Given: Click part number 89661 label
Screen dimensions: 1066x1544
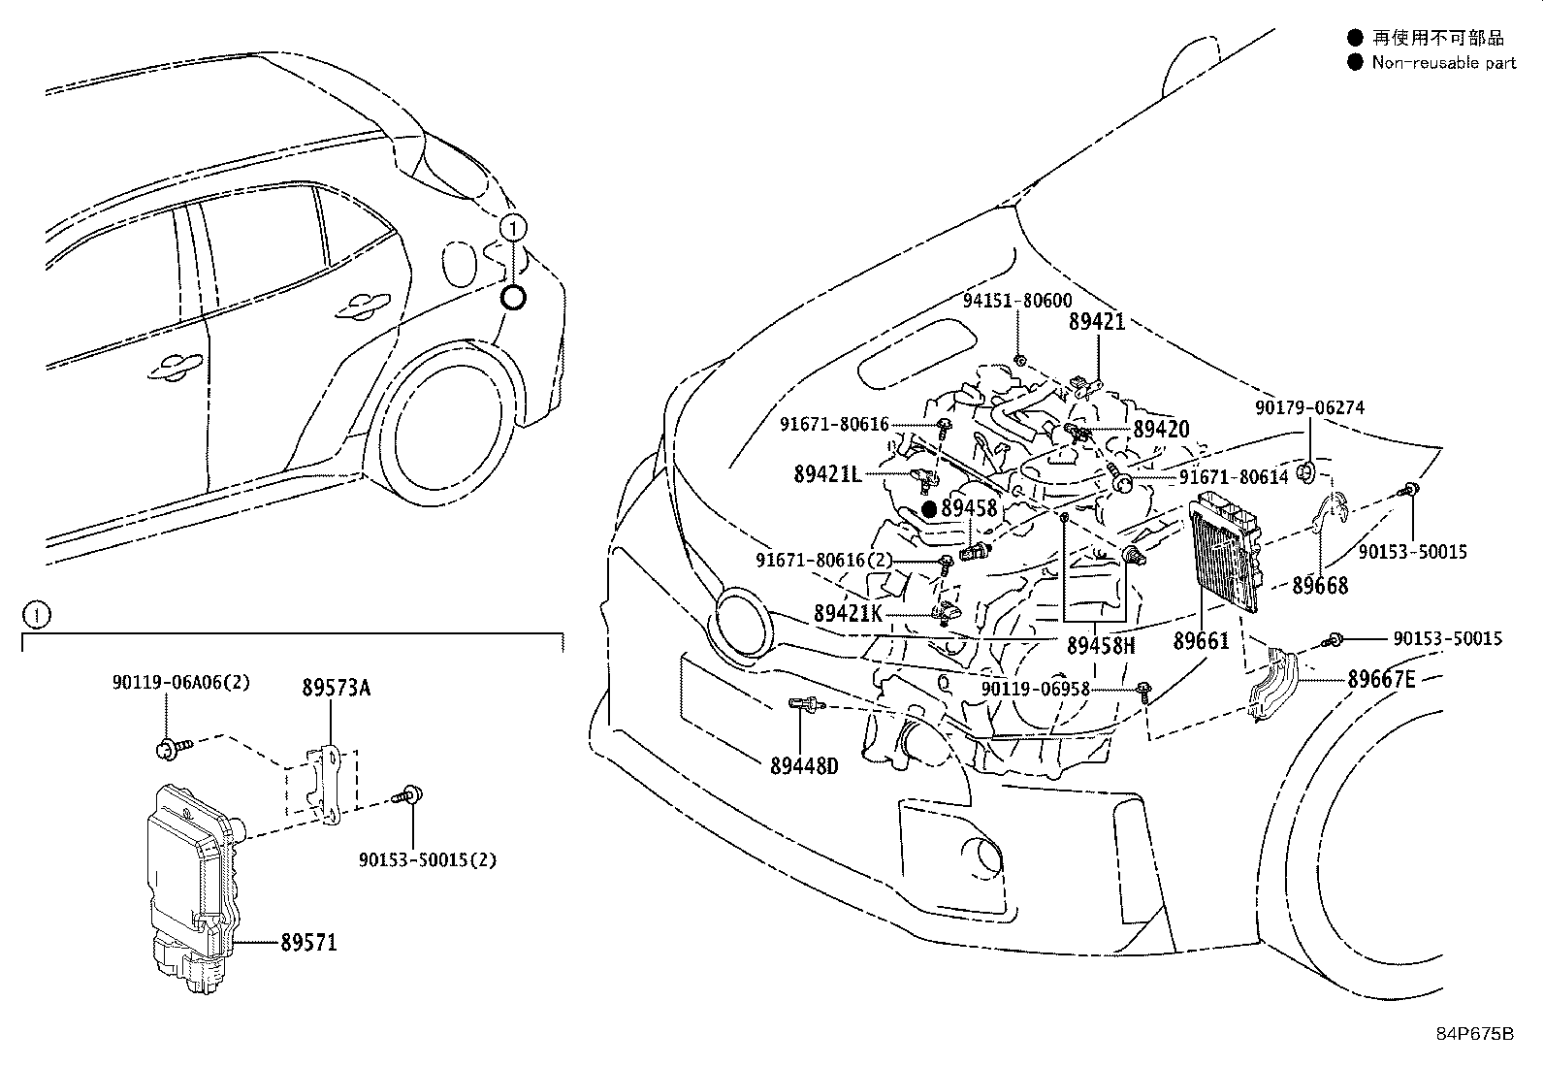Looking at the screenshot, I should pyautogui.click(x=1201, y=641).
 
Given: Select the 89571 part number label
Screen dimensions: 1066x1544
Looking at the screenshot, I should pyautogui.click(x=308, y=942).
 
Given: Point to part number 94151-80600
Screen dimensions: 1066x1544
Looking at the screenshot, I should pyautogui.click(x=1018, y=301).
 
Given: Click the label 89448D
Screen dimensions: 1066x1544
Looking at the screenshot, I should pyautogui.click(x=803, y=766).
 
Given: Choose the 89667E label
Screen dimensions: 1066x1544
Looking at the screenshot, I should pyautogui.click(x=1381, y=680).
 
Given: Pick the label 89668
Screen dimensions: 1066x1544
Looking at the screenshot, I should pyautogui.click(x=1319, y=585).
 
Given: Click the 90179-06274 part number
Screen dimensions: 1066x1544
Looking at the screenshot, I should pyautogui.click(x=1308, y=408).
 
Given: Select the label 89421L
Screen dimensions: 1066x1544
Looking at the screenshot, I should pyautogui.click(x=827, y=473).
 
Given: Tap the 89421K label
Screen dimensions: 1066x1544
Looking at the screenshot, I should pyautogui.click(x=848, y=613).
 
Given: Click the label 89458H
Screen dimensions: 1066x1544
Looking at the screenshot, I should pyautogui.click(x=1100, y=644).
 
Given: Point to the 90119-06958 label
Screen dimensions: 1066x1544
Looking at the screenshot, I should pyautogui.click(x=1035, y=689).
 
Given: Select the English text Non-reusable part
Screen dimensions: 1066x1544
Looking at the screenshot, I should pyautogui.click(x=1443, y=63).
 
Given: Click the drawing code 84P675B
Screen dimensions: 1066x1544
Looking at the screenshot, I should pyautogui.click(x=1474, y=1033).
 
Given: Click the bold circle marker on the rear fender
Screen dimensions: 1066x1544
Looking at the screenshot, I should pyautogui.click(x=513, y=298).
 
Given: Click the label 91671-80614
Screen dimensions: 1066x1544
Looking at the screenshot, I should pyautogui.click(x=1234, y=477).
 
